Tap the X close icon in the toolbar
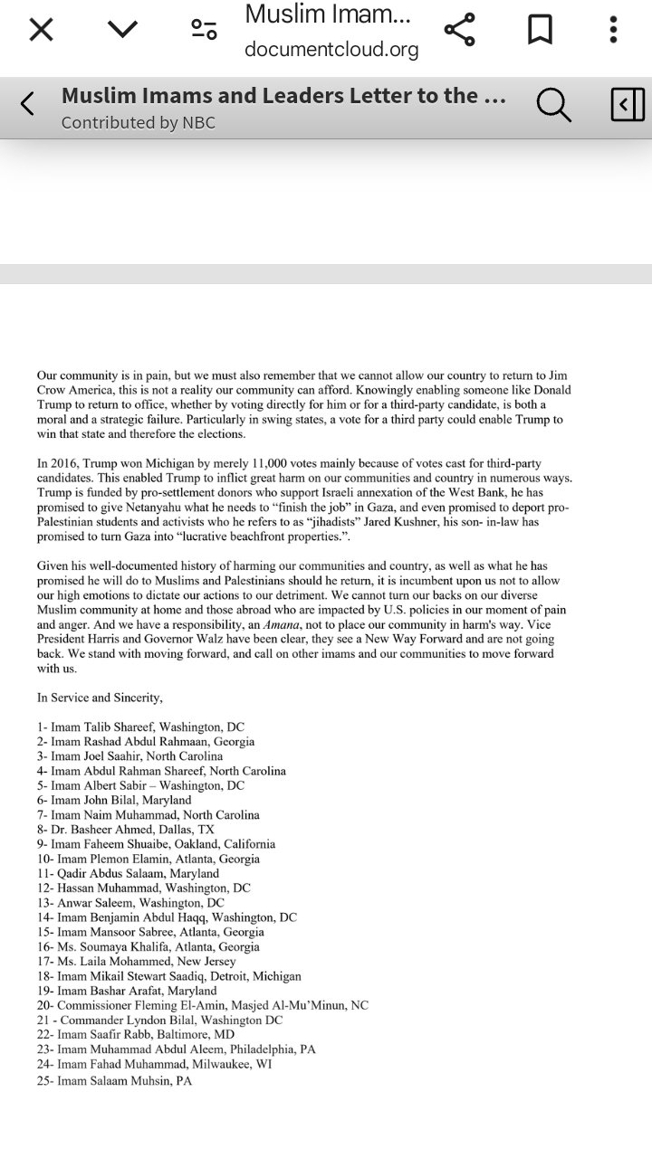coord(41,30)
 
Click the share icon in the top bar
coord(459,30)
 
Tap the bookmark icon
coord(540,30)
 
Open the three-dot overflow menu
coord(613,30)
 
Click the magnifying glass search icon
coord(553,106)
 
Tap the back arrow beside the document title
coord(27,105)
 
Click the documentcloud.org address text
coord(331,50)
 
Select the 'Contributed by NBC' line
coord(139,123)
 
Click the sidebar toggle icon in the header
coord(627,105)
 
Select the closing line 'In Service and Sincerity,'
coord(100,698)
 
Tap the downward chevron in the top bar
coord(122,30)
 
